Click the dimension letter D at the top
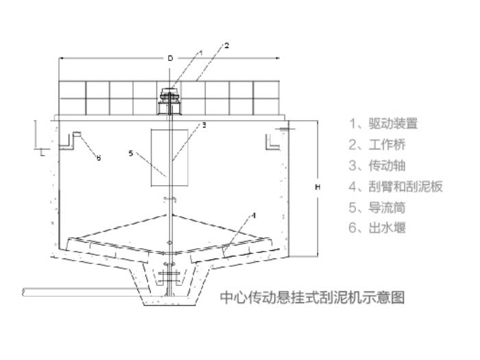[x=171, y=59]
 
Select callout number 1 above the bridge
[x=201, y=52]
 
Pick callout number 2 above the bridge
[x=226, y=46]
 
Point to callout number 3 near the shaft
[x=203, y=125]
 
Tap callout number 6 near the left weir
[x=98, y=158]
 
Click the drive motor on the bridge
[x=169, y=101]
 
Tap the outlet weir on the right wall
[x=272, y=140]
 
